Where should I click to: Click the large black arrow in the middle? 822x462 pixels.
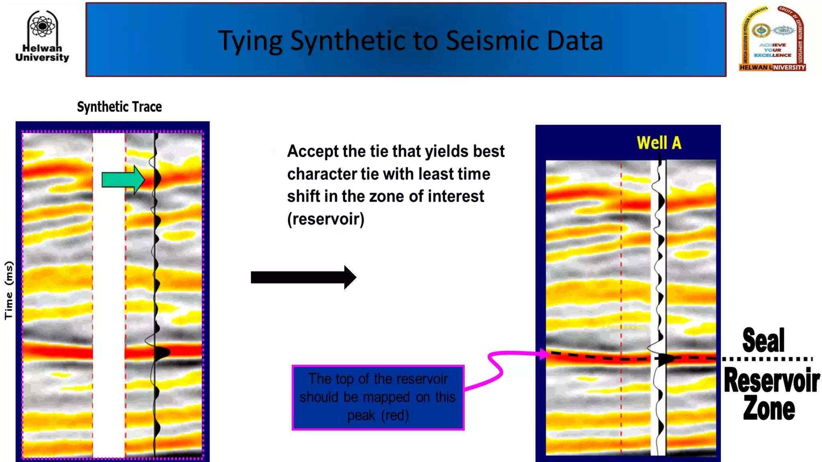click(x=303, y=277)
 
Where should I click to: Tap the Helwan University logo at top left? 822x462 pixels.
click(x=42, y=36)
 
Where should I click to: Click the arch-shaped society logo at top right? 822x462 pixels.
click(x=772, y=39)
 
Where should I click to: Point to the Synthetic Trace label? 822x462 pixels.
click(x=119, y=107)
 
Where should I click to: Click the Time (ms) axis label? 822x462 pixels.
click(x=9, y=290)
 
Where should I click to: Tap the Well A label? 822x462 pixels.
click(x=659, y=143)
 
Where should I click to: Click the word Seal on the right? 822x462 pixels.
click(x=763, y=340)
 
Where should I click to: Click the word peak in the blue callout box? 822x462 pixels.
click(x=360, y=415)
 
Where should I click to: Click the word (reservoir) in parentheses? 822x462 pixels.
click(x=326, y=219)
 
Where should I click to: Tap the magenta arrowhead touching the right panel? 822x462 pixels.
click(x=544, y=354)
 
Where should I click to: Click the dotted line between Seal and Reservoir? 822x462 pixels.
click(x=767, y=359)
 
